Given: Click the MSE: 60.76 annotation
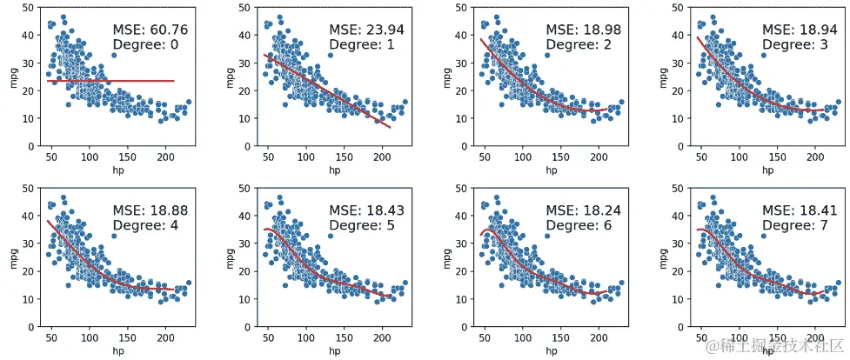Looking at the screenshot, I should (151, 30).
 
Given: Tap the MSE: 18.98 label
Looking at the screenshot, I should (583, 30).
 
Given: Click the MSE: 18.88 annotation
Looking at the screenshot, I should (151, 210).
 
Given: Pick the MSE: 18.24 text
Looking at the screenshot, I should (583, 210).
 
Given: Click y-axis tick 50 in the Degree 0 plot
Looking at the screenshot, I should (30, 8).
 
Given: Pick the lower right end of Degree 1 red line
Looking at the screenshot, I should (391, 128).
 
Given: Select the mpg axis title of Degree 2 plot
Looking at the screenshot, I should (445, 77).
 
